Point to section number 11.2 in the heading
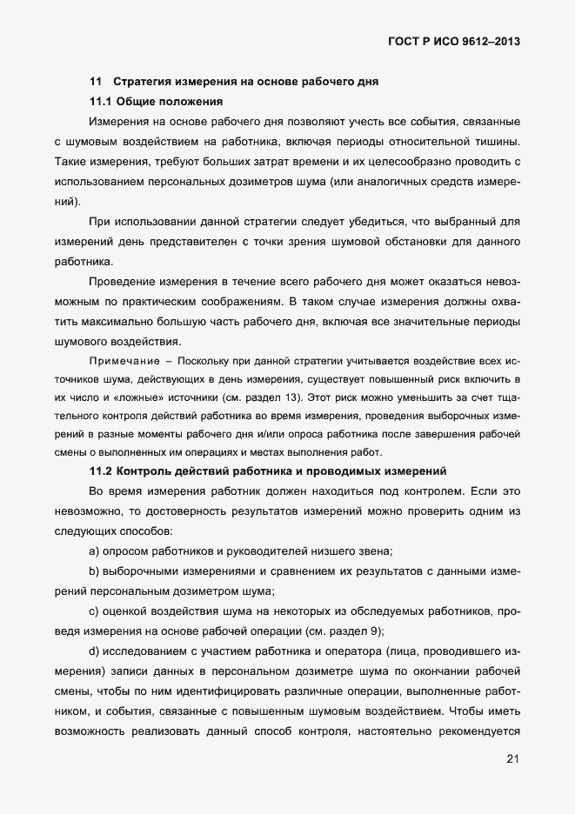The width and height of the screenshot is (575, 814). point(101,471)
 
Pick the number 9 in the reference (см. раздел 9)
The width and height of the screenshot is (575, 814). point(377,631)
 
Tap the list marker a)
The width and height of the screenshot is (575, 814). point(95,550)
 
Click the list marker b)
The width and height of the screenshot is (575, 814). point(95,570)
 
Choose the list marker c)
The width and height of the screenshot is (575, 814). point(95,611)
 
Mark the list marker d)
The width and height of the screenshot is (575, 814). point(95,651)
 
